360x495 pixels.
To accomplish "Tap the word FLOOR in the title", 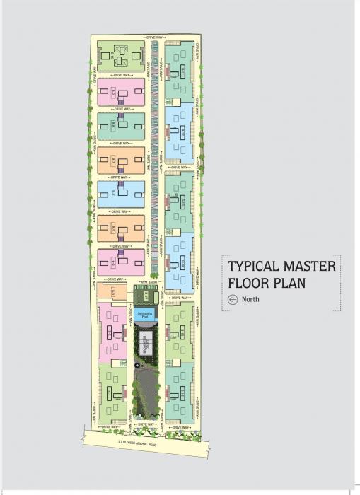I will [x=250, y=284].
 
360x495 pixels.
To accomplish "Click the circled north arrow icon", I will [x=232, y=299].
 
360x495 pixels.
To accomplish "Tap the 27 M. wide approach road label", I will [x=144, y=444].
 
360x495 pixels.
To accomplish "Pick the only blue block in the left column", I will [x=121, y=194].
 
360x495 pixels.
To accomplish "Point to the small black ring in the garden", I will [x=136, y=364].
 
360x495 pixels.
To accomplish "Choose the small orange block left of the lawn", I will [x=112, y=291].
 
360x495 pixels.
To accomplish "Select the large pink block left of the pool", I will [x=112, y=332].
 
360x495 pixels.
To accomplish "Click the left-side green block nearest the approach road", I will [x=112, y=392].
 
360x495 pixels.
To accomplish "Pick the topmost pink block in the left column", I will [x=121, y=92].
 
